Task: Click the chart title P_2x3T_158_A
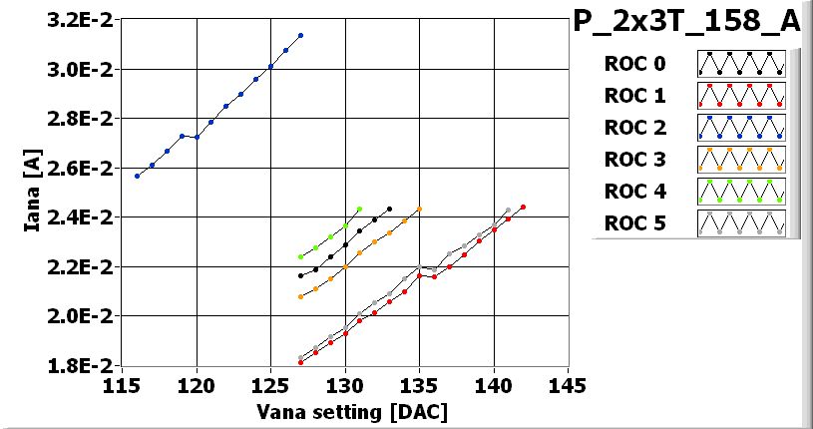click(687, 22)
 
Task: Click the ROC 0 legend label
click(633, 65)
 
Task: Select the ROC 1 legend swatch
click(741, 96)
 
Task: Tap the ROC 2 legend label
click(633, 128)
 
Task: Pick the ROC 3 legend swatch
click(741, 159)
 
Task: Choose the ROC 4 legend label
click(633, 191)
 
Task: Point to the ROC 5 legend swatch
click(741, 221)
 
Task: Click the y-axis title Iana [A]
click(33, 192)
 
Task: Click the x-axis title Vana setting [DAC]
click(338, 411)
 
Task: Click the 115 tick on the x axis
click(123, 385)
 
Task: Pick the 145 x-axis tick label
click(568, 385)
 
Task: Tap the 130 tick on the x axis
click(345, 385)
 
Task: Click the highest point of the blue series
click(300, 36)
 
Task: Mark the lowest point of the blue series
click(138, 176)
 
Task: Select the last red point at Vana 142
click(523, 208)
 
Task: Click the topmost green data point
click(359, 210)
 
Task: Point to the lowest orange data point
click(300, 296)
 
